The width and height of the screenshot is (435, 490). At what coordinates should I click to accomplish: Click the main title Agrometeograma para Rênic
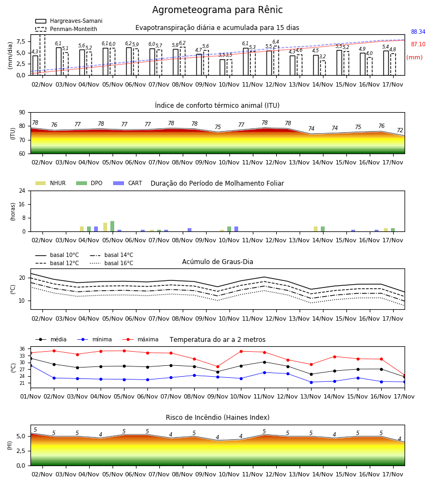tap(217, 10)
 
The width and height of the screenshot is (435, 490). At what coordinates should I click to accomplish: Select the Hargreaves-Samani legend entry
tap(69, 21)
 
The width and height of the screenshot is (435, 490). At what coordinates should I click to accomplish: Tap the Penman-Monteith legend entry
tap(66, 29)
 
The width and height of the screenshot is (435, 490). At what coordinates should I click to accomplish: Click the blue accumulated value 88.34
tap(418, 32)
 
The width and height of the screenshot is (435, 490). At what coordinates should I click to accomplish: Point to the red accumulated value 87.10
tap(418, 45)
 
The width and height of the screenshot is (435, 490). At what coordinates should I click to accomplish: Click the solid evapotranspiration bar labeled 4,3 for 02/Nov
tap(35, 65)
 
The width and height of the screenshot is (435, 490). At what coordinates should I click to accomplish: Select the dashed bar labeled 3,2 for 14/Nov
tap(322, 68)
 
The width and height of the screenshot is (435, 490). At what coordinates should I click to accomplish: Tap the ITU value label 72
tap(400, 130)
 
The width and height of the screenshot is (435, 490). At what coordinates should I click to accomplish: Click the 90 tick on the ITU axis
tap(22, 113)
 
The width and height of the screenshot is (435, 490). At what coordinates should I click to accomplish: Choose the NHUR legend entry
tap(51, 183)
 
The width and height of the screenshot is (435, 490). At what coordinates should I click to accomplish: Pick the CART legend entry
tap(128, 183)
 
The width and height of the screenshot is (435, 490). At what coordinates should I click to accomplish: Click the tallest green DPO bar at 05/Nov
tap(113, 226)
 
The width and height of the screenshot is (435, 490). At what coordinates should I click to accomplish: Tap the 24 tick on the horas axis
tap(22, 191)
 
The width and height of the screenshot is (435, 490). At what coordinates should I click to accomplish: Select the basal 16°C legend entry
tap(111, 263)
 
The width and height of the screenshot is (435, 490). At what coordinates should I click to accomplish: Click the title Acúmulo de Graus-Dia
tap(217, 262)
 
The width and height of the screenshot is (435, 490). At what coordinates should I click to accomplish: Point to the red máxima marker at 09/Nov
tap(218, 366)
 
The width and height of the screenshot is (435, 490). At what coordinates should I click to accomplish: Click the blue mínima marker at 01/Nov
tap(30, 365)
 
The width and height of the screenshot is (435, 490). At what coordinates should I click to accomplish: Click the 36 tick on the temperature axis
tap(22, 349)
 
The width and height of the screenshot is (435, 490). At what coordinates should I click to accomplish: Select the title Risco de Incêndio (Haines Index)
tap(217, 418)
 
